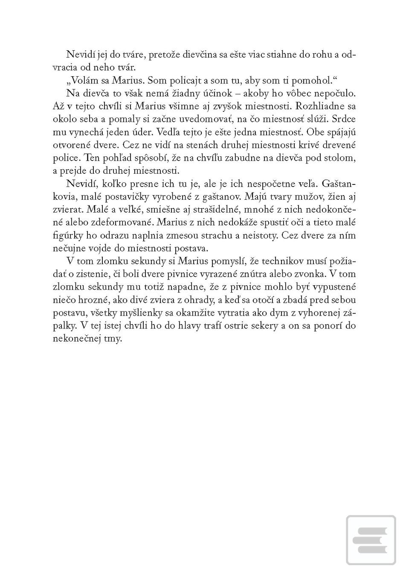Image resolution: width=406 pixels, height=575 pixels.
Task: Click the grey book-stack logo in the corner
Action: (x=370, y=540)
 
